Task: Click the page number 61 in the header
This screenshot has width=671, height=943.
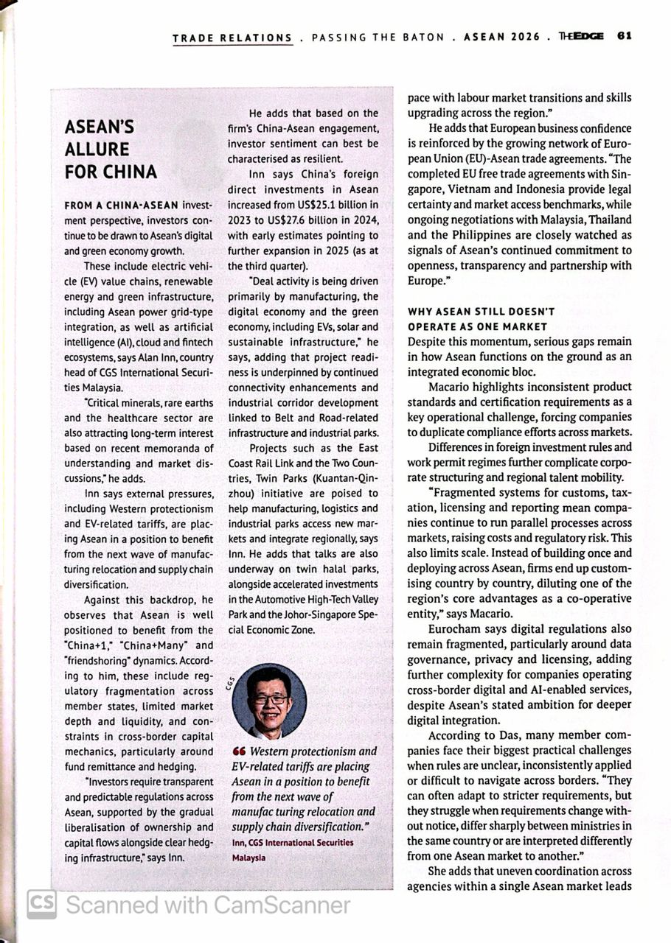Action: [625, 36]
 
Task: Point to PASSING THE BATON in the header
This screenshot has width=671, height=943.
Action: [378, 38]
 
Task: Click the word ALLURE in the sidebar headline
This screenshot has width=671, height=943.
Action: [97, 150]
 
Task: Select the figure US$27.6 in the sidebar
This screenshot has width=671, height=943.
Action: [293, 220]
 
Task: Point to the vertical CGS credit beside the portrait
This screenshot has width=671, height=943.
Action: [231, 684]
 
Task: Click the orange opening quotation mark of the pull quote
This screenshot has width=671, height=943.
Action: [237, 751]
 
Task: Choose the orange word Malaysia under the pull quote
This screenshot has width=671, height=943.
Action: [248, 857]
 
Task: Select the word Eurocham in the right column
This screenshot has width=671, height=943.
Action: [453, 628]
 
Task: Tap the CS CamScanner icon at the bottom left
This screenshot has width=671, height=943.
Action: [41, 904]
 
